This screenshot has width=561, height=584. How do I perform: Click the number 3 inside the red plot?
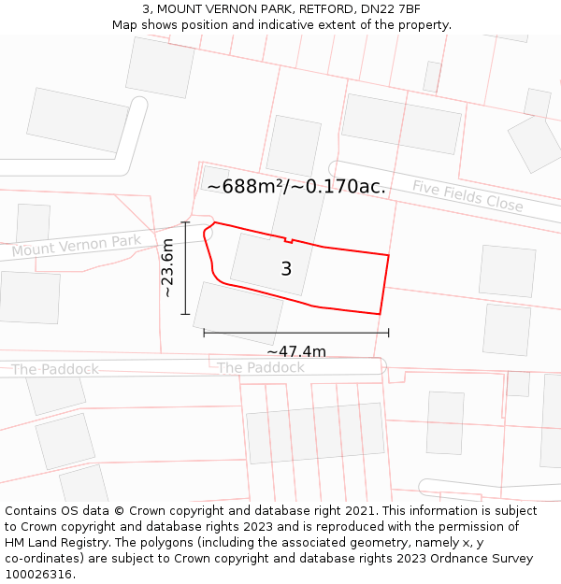point(286,269)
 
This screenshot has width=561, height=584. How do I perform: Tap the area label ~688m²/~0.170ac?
point(296,187)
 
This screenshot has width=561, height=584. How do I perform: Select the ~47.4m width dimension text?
point(296,351)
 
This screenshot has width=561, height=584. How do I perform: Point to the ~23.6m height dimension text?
point(167,267)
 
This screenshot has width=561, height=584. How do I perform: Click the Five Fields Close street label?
point(467,195)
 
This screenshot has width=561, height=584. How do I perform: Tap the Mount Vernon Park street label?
point(77,247)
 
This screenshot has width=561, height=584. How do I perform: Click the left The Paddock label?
point(55,369)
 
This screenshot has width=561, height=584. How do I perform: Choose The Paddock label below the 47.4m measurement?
point(261,368)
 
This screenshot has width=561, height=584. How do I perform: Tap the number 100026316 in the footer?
point(38,575)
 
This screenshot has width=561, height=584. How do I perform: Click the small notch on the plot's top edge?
point(289,240)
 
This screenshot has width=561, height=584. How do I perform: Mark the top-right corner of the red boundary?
point(388,255)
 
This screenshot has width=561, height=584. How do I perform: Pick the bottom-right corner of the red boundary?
point(380,314)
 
